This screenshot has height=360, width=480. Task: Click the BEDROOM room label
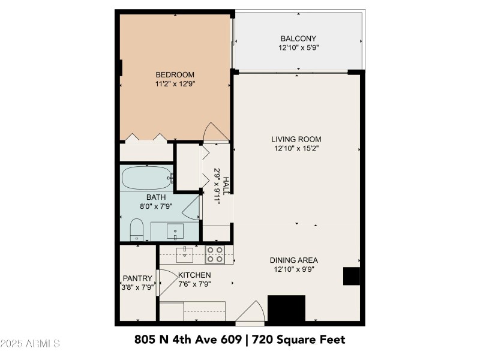(x=175, y=75)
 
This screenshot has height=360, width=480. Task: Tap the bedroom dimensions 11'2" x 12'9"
(x=175, y=85)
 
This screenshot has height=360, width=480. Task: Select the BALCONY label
(x=298, y=38)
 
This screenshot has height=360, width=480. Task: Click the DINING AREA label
(x=293, y=260)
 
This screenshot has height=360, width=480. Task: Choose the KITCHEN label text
(x=194, y=275)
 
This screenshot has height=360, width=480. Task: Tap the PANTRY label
(x=137, y=278)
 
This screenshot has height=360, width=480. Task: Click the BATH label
(x=155, y=197)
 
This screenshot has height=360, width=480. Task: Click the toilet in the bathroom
(x=137, y=230)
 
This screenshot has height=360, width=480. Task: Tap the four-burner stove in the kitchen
(x=215, y=255)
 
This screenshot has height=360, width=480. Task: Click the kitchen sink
(x=185, y=254)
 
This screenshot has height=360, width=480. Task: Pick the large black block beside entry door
(x=286, y=309)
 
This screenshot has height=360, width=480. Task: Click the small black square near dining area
(x=351, y=276)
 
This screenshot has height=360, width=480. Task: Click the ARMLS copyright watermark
(x=30, y=344)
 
